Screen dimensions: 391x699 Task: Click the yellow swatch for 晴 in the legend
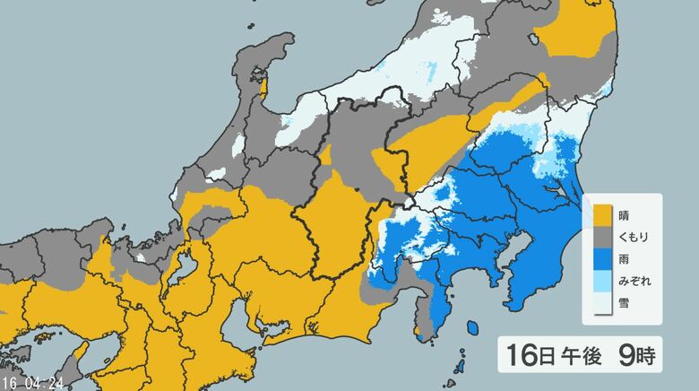pos(601,215)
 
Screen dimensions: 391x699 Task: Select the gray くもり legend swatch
pos(601,237)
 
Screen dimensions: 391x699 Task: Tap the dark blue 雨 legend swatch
pos(601,259)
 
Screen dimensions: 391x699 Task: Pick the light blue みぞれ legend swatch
pos(601,281)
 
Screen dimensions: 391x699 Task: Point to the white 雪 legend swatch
pos(601,303)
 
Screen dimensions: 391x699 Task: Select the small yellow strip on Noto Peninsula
pos(263,86)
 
